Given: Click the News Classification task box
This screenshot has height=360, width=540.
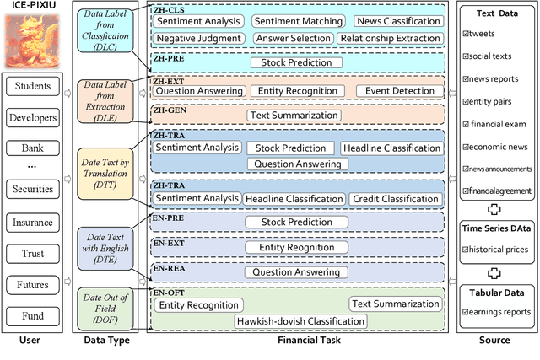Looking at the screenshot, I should coord(397,21).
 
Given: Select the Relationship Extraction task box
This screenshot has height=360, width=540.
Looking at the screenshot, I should coord(389,39).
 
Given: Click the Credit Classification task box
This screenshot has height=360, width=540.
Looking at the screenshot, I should coord(395,199).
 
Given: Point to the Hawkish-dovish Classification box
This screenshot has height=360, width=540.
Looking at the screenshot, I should coord(300,321).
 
